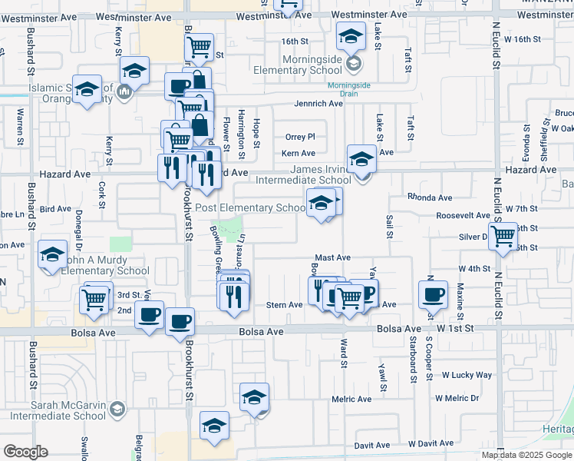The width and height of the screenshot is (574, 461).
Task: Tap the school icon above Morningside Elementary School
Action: pos(351,35)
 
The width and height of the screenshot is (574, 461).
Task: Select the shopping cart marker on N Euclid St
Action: pos(503,235)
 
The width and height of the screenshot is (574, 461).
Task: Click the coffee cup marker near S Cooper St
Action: pos(433,294)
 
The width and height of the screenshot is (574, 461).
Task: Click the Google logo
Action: pos(25,452)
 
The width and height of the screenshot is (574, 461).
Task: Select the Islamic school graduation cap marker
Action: pos(87,88)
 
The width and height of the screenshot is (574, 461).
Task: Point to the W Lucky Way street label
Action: pos(467,375)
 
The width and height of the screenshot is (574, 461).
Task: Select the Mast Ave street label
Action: pos(333,258)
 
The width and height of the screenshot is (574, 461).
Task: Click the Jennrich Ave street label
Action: pos(318,104)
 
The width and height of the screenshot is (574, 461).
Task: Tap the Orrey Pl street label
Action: pos(300,137)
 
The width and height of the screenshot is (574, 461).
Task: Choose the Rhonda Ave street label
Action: pos(427,196)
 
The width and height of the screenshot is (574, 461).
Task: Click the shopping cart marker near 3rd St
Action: pos(94,299)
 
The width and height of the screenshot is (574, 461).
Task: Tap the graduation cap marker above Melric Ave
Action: pos(255,397)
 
